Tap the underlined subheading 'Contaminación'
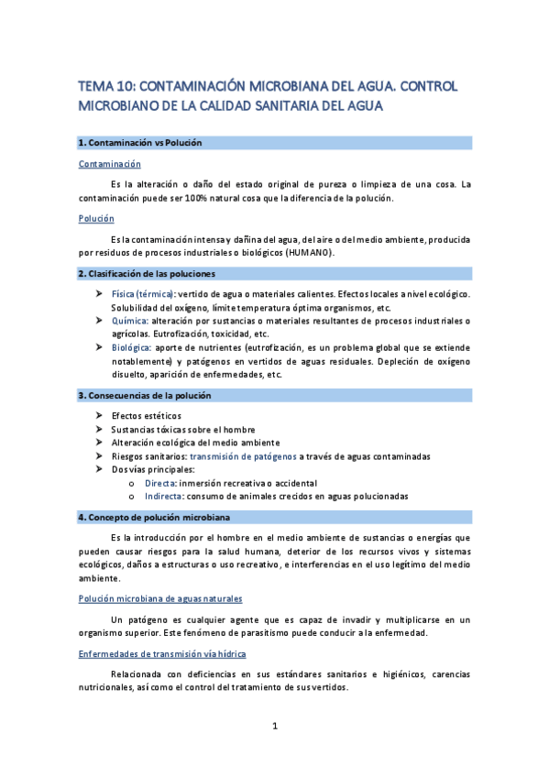pos(110,164)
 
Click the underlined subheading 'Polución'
pos(96,219)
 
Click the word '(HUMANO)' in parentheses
pos(310,252)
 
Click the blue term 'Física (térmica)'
pos(143,293)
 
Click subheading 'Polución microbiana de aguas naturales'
pos(160,598)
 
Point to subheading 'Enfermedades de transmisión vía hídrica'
pos(162,653)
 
